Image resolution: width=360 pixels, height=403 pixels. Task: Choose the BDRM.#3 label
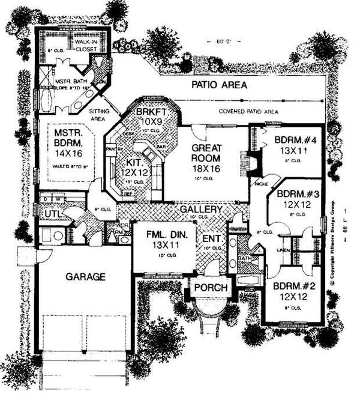click(295, 194)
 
